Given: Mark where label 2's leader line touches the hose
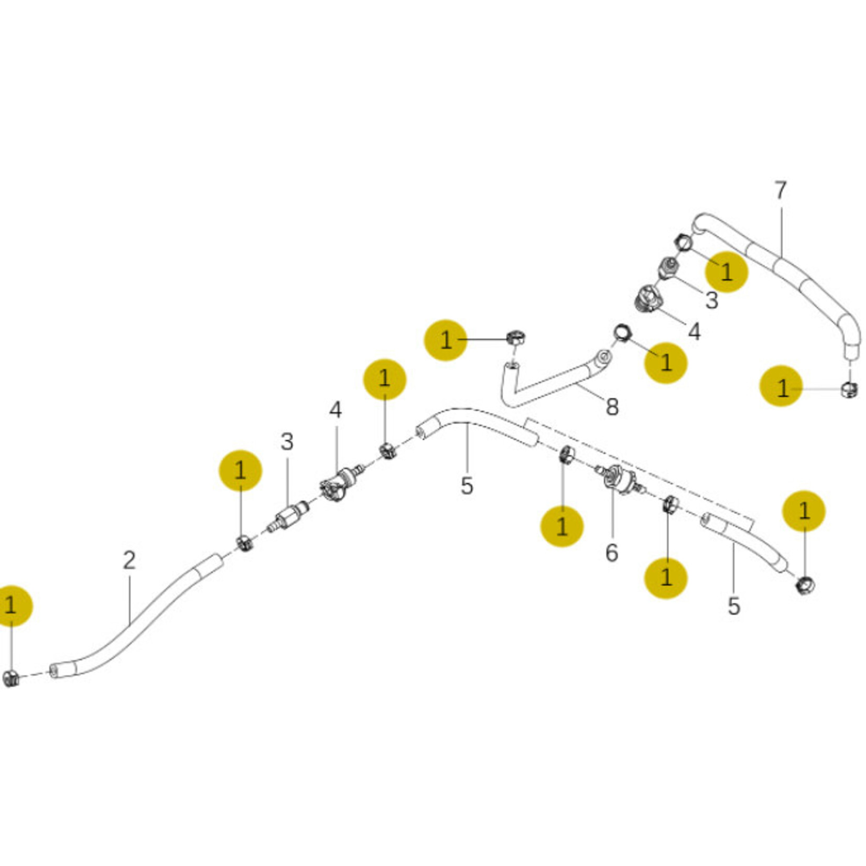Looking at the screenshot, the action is [129, 625].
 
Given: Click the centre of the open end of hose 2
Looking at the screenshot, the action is [53, 670].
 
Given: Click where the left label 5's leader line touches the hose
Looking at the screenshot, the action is [467, 424].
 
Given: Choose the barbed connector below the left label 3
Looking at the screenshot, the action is [287, 515].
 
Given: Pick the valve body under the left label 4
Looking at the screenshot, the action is [341, 481].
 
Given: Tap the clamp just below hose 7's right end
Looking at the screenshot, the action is [849, 389].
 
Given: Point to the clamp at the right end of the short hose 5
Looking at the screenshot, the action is [805, 584].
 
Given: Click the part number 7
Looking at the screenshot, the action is [781, 190].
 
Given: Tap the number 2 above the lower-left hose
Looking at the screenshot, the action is [129, 560].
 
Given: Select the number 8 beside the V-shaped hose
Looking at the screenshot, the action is [612, 407].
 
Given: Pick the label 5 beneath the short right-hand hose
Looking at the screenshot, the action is [734, 606].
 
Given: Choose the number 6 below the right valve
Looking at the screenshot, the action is [612, 553].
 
